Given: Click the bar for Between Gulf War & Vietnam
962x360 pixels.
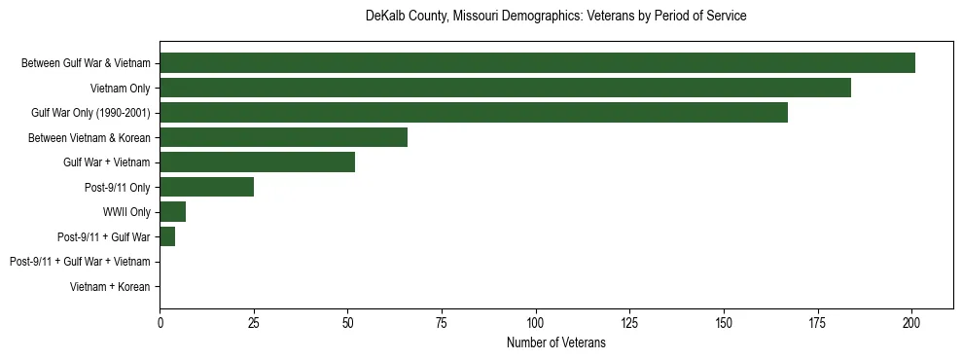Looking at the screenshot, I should point(537,63).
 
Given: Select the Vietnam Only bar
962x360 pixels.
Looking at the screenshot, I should point(505,88).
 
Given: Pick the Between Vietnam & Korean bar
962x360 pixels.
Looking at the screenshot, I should point(283,137).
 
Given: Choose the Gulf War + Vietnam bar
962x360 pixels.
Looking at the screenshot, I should point(257,162).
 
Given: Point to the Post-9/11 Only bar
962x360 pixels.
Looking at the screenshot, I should point(206,187).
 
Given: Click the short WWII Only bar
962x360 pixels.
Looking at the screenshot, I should point(172,212).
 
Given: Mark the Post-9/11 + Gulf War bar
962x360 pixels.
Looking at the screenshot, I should point(167,236).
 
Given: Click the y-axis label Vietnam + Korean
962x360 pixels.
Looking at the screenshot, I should point(110,287).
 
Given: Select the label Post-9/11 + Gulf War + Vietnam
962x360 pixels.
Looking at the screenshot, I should point(80,262).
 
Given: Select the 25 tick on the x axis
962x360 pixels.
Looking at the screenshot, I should point(254,321).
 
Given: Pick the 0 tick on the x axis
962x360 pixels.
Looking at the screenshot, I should point(160,321).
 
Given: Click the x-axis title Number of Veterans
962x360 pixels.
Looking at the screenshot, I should point(556,342).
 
